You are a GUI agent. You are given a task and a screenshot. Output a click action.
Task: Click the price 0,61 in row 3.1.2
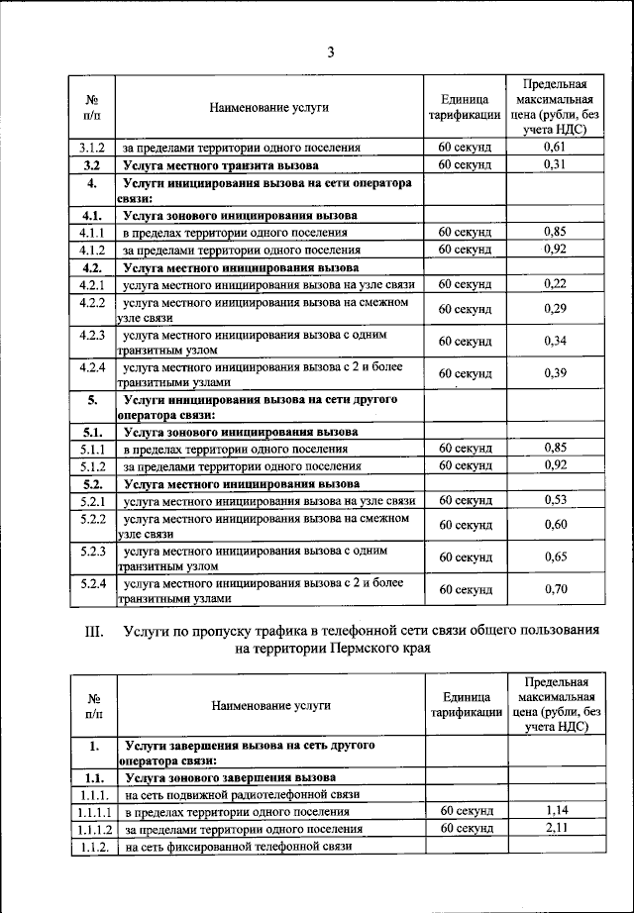(555, 148)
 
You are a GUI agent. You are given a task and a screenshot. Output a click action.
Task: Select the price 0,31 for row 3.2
(555, 164)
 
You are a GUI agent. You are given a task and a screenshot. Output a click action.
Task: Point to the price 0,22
(555, 284)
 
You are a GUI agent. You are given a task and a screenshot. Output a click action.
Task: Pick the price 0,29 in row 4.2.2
(555, 309)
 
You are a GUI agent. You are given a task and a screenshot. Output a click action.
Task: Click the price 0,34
(555, 342)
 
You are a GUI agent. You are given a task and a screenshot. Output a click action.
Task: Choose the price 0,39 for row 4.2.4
(555, 373)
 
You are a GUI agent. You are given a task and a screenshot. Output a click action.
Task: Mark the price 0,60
(555, 525)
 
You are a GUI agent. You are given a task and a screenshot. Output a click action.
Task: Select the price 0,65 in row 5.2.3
(555, 557)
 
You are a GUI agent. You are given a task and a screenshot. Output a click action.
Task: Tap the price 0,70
(555, 589)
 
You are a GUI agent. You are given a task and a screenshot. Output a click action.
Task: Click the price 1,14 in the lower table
(556, 811)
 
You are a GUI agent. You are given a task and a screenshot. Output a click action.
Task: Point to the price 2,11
(556, 828)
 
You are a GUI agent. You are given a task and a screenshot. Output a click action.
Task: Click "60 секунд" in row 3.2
(465, 164)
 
